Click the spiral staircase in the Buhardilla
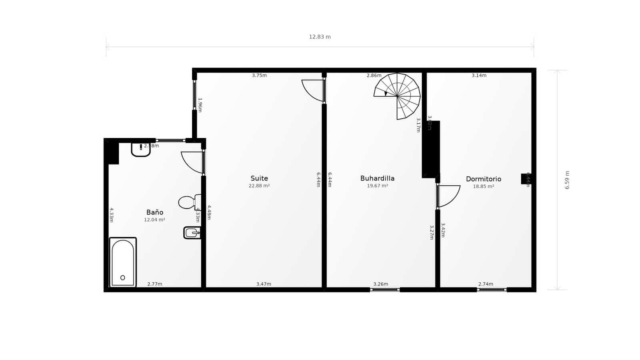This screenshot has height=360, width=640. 398,96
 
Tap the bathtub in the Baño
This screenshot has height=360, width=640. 123,262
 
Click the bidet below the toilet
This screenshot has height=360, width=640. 192,232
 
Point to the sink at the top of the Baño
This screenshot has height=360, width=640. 140,149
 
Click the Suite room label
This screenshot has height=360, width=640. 259,178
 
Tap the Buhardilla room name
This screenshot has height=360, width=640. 377,178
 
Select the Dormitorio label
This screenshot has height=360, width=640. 483,179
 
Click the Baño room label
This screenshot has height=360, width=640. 155,212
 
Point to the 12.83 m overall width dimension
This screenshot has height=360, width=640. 320,37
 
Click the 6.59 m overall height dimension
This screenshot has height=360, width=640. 567,180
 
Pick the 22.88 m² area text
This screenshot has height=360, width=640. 259,186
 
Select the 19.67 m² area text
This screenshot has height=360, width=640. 377,186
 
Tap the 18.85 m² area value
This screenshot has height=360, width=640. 483,186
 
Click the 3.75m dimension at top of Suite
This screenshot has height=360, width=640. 259,75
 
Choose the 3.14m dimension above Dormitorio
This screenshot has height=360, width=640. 479,75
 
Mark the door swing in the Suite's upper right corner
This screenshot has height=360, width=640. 313,90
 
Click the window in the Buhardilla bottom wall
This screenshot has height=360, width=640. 385,290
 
